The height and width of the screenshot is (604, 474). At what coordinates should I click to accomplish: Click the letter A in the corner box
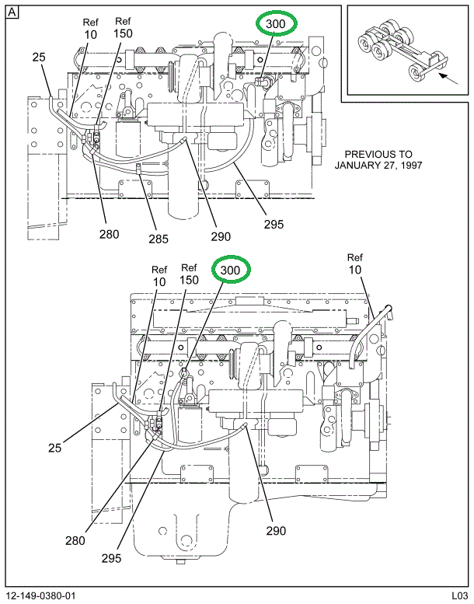click(13, 13)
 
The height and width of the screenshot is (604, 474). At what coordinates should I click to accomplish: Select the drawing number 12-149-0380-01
click(40, 596)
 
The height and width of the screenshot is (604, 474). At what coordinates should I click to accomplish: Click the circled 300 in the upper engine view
click(276, 24)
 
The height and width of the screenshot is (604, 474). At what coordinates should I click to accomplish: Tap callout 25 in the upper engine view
click(39, 57)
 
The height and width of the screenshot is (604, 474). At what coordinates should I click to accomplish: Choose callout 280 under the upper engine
click(110, 233)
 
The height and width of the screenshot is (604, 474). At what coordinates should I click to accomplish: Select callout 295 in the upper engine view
click(273, 225)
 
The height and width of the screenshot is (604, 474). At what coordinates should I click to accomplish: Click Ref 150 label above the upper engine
click(122, 28)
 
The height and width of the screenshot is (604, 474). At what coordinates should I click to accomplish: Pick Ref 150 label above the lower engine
click(189, 274)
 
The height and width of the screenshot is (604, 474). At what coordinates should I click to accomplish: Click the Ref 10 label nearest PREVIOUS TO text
click(355, 264)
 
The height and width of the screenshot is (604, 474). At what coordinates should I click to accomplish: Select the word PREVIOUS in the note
click(368, 154)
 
